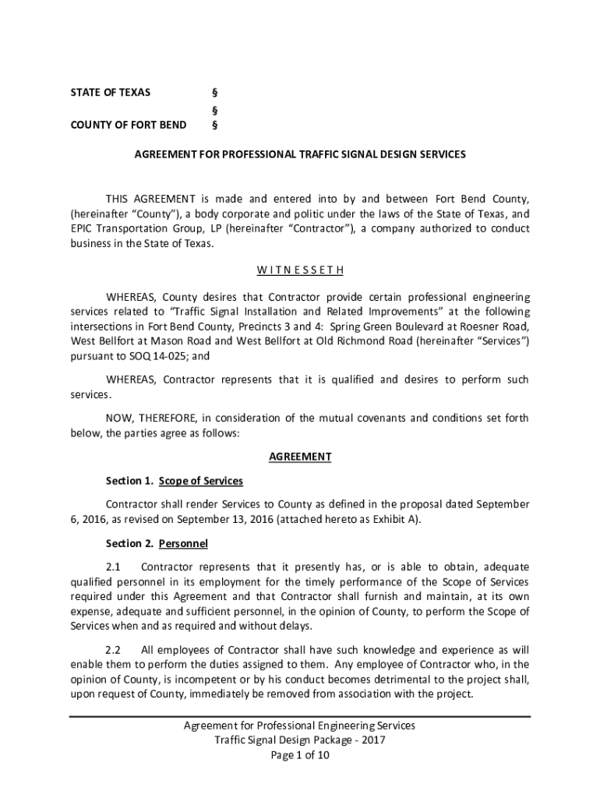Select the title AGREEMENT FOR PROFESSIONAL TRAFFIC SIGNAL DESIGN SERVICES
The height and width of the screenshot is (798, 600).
[300, 154]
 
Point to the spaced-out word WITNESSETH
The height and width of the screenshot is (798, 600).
[300, 270]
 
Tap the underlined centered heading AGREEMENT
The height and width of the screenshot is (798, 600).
[300, 457]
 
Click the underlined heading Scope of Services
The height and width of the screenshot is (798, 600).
[201, 481]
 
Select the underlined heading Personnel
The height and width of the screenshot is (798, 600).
[183, 543]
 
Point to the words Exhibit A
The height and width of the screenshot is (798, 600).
[395, 520]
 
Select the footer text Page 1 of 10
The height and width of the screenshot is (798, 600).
[300, 755]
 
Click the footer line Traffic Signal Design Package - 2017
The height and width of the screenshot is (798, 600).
[300, 740]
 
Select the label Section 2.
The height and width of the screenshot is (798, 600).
[129, 543]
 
